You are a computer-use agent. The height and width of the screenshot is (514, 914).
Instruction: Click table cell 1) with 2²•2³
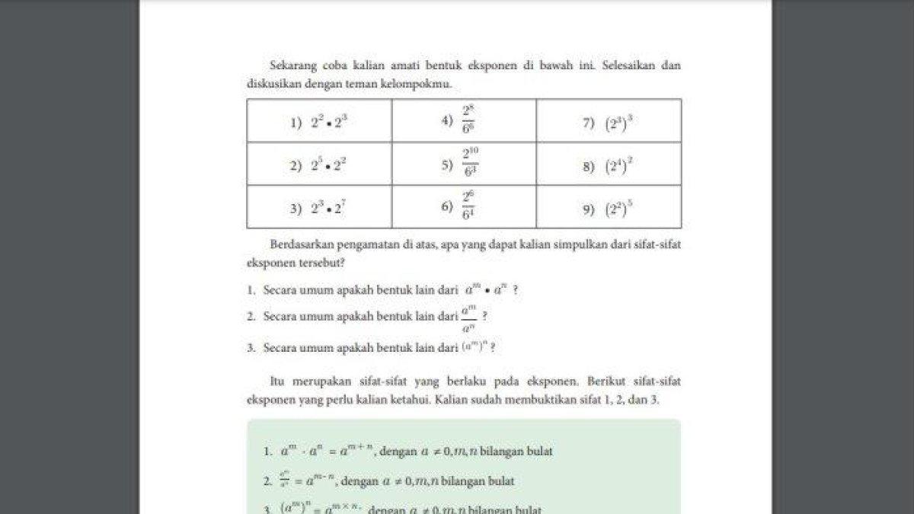(x=319, y=121)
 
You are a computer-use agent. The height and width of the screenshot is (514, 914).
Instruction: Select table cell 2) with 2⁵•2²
(x=319, y=164)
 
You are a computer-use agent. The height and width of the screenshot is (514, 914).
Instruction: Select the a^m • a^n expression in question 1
(x=486, y=290)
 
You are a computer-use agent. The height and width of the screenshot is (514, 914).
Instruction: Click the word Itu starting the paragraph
(x=277, y=381)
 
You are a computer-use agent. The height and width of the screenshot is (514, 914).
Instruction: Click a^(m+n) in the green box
(x=357, y=451)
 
